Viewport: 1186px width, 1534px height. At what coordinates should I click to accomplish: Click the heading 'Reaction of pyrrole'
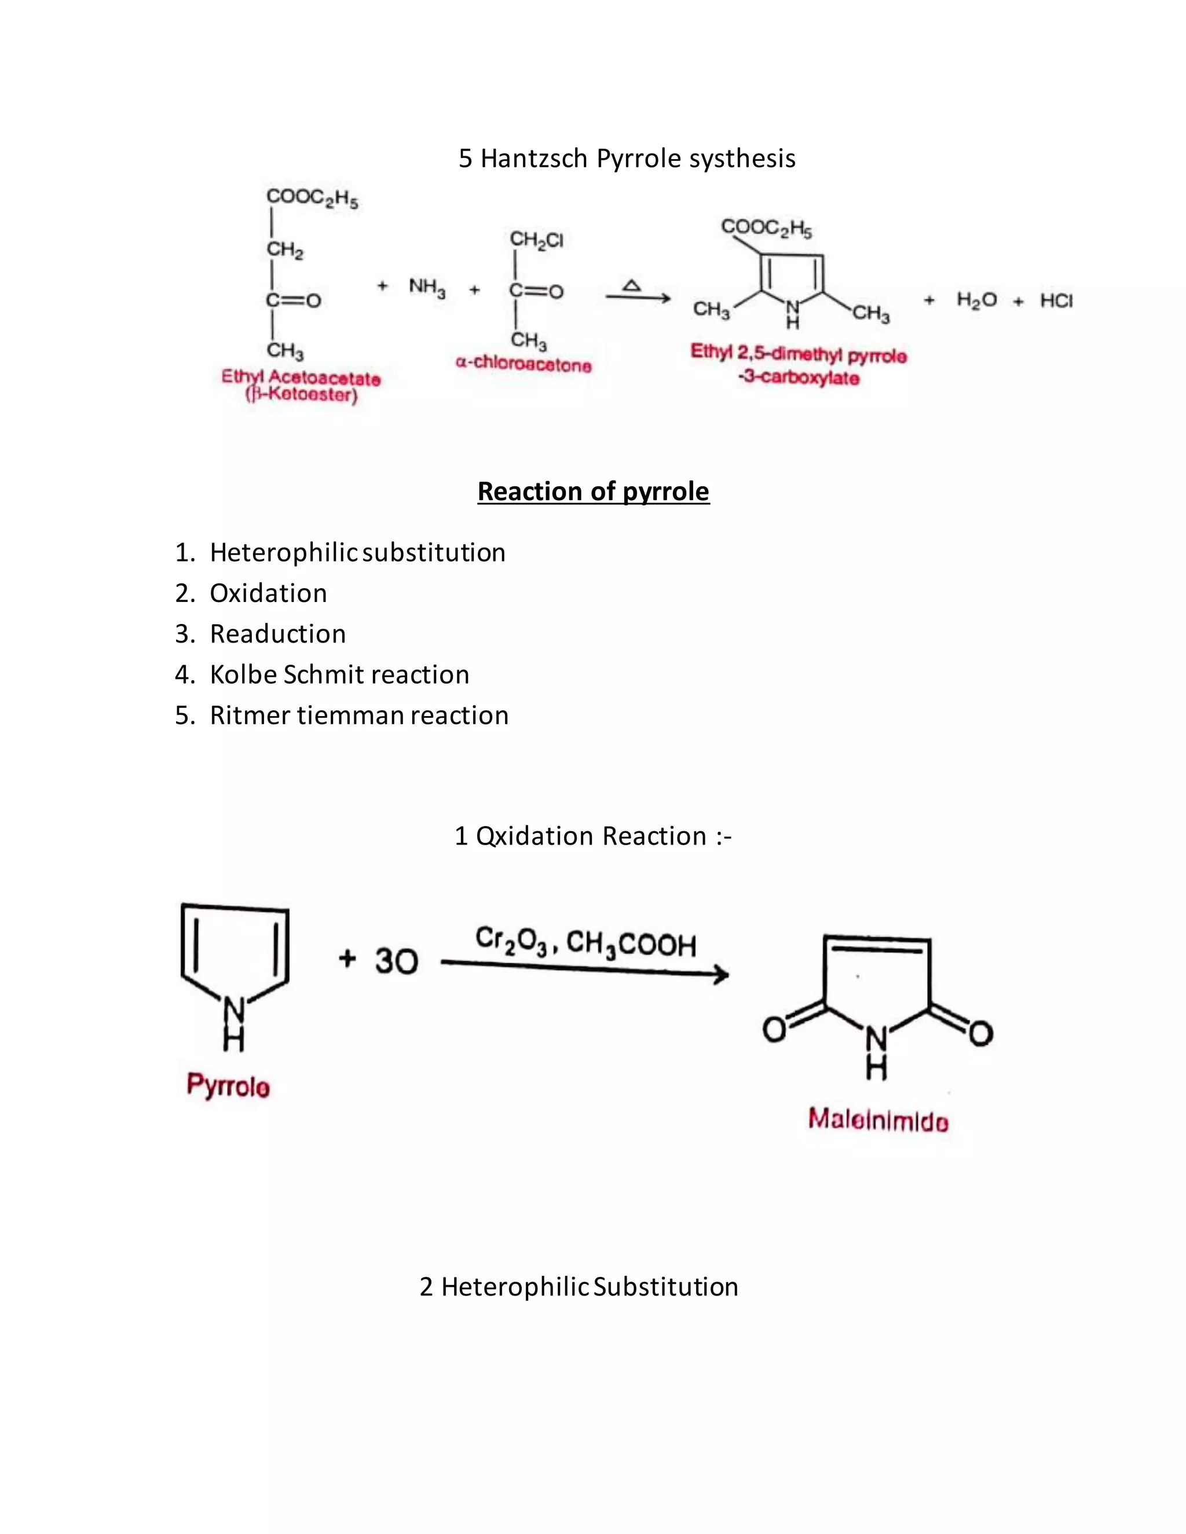(593, 491)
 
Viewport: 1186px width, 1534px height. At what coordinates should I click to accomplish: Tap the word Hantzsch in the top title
(534, 159)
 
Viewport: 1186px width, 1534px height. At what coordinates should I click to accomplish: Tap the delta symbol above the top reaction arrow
(632, 285)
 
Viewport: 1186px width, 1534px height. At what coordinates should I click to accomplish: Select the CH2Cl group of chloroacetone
(536, 240)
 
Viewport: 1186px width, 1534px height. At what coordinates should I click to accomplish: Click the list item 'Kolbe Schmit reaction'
(339, 674)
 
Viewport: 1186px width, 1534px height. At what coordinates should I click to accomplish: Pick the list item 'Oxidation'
(268, 593)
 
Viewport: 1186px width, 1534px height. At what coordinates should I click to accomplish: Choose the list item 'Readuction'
(277, 633)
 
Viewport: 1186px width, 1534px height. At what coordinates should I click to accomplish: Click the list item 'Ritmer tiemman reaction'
(359, 715)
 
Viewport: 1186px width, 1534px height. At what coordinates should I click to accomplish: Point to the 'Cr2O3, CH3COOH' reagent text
(585, 942)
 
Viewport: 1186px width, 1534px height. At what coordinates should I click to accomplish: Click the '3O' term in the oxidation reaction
(396, 960)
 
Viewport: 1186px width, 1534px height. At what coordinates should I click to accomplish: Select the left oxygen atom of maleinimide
(774, 1030)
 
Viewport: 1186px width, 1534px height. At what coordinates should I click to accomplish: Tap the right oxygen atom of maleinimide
(981, 1033)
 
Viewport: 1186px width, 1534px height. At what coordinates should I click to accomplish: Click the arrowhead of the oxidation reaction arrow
(722, 974)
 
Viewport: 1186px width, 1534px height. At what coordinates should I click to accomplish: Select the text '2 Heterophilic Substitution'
(579, 1286)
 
